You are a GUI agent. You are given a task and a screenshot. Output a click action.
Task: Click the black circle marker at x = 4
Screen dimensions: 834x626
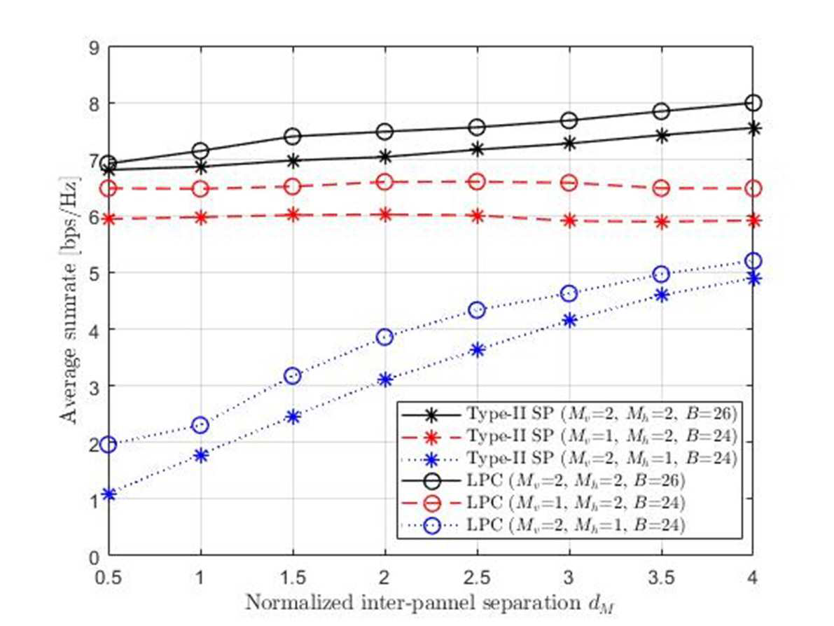[x=753, y=103]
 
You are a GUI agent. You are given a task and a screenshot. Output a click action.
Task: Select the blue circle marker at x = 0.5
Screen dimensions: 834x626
[x=109, y=444]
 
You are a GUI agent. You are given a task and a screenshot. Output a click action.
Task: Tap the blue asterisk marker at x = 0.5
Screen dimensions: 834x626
[x=109, y=494]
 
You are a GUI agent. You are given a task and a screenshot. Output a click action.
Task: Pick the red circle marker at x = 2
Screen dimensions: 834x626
[x=384, y=182]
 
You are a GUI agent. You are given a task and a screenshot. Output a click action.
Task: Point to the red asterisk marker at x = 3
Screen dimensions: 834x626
[x=569, y=221]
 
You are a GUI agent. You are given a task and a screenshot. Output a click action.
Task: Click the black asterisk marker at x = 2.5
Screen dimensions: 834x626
[x=477, y=149]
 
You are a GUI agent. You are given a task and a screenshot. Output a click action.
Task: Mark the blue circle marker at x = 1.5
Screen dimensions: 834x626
[x=293, y=376]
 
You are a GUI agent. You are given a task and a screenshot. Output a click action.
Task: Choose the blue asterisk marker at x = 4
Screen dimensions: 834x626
[x=753, y=278]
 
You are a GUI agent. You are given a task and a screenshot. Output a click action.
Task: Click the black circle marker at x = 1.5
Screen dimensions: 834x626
[x=293, y=136]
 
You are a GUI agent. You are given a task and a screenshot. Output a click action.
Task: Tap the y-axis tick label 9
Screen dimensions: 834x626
[x=95, y=48]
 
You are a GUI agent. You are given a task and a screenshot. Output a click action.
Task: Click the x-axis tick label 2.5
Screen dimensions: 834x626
[x=477, y=576]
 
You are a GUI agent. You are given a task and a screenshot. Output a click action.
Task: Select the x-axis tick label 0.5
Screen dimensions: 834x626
[x=109, y=576]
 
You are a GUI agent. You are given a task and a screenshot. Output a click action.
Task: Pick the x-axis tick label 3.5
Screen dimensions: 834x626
[x=661, y=576]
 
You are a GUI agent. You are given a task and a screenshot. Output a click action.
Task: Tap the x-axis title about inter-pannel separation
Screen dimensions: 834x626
[x=430, y=604]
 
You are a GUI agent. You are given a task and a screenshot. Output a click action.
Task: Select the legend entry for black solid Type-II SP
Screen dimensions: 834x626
[x=569, y=413]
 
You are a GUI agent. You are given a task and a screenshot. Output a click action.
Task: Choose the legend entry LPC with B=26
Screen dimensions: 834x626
[x=543, y=481]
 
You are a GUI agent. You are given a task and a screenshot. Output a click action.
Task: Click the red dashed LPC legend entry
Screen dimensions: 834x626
[x=543, y=503]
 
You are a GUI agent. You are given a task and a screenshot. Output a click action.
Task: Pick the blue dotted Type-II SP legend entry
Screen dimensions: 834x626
[x=569, y=458]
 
